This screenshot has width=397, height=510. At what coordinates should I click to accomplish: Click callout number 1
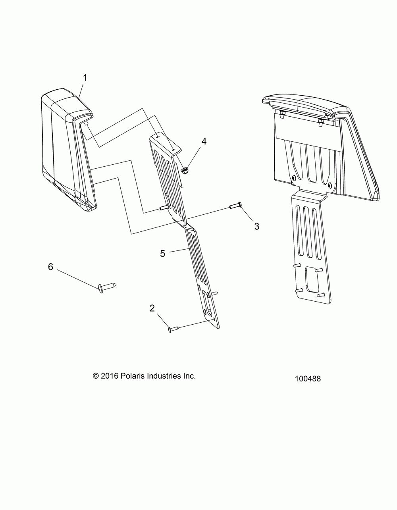[x=84, y=78]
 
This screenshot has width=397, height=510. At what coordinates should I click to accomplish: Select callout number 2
[x=152, y=308]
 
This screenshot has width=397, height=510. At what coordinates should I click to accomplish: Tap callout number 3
[x=256, y=226]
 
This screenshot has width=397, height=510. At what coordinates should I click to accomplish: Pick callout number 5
[x=162, y=253]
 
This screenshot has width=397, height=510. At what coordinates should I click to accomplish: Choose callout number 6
[x=50, y=267]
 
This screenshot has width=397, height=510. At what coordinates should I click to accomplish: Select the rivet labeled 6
[x=106, y=286]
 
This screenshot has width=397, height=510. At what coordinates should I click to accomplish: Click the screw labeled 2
[x=175, y=328]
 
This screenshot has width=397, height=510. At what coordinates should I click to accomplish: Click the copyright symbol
[x=95, y=376]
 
